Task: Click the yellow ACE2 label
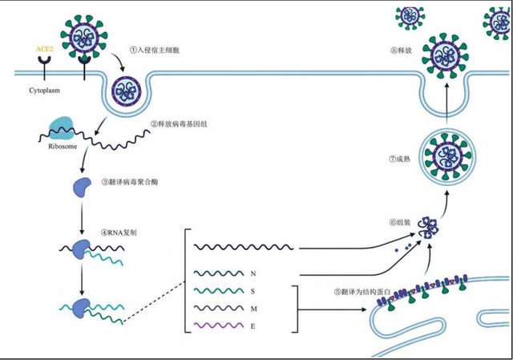(43, 49)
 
